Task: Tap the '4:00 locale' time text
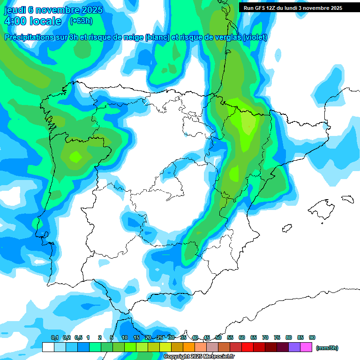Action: point(32,21)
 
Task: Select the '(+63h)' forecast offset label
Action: point(81,21)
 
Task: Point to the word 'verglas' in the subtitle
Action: point(223,37)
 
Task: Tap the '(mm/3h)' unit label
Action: point(327,348)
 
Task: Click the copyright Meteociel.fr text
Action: point(199,357)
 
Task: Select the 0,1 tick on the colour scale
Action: point(54,338)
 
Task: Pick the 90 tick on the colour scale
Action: point(312,338)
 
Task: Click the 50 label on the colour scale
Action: point(218,338)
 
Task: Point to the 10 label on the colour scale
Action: point(125,338)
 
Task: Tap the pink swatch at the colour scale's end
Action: point(306,347)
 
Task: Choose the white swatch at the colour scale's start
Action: point(48,347)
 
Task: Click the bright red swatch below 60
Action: point(247,347)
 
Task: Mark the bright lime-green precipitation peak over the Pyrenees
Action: point(248,123)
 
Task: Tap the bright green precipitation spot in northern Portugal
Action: point(75,157)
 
